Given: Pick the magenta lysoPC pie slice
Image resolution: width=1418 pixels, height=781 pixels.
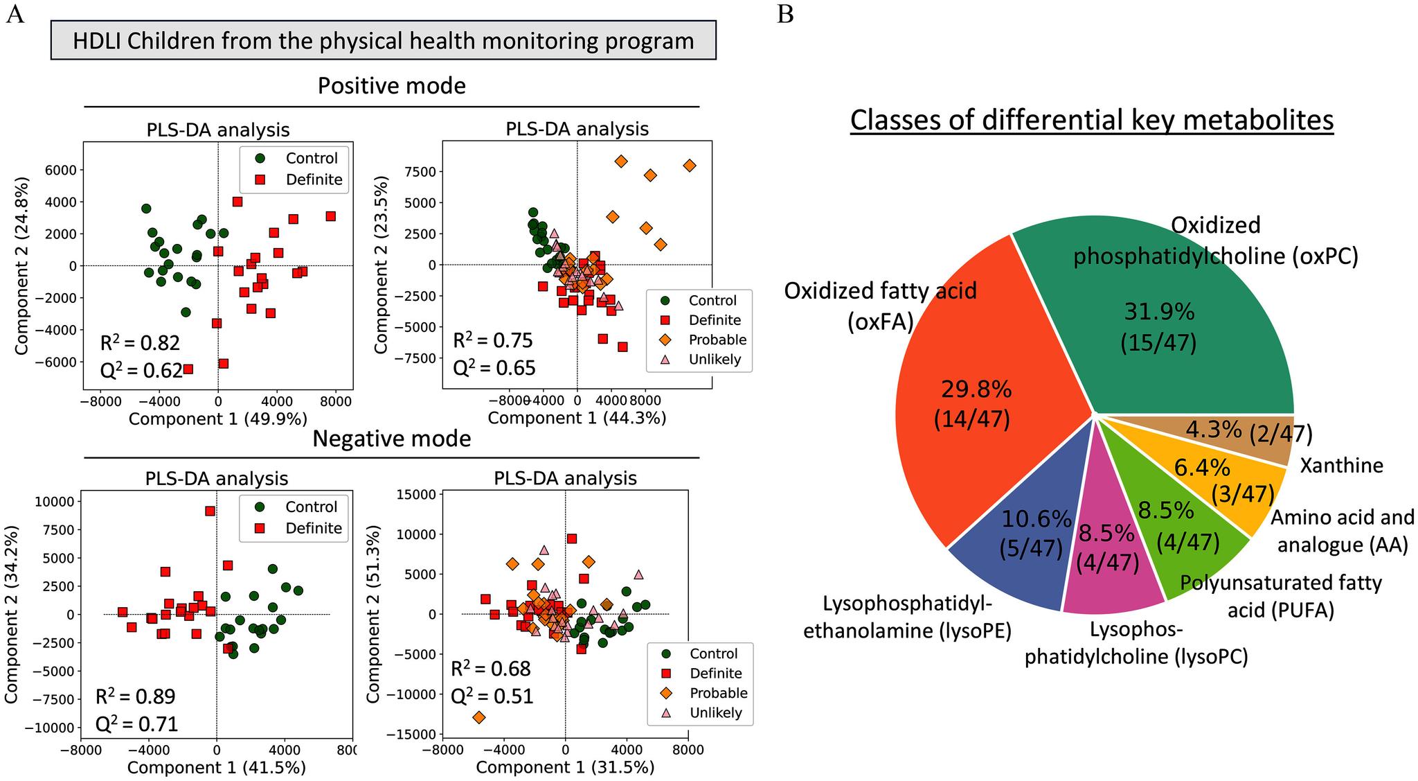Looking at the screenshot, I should (x=1108, y=568).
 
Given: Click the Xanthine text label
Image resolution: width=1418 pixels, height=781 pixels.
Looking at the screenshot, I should (x=1341, y=465).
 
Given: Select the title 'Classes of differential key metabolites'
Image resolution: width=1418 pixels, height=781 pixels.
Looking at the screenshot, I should (x=1091, y=120).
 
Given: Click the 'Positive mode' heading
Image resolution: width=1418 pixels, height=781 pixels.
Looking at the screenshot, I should (x=391, y=86).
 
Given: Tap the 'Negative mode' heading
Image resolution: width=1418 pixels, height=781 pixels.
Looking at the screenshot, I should (x=391, y=439).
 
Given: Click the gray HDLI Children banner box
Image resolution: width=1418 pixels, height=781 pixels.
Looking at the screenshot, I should (x=383, y=41).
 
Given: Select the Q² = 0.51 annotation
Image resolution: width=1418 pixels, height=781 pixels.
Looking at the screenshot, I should (x=492, y=695).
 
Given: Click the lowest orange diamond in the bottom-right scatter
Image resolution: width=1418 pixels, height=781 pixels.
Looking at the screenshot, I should (x=478, y=717).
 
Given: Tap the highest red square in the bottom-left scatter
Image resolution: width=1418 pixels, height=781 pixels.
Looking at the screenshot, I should (x=210, y=511).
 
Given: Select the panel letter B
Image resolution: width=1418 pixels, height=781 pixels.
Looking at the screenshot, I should (x=785, y=14).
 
